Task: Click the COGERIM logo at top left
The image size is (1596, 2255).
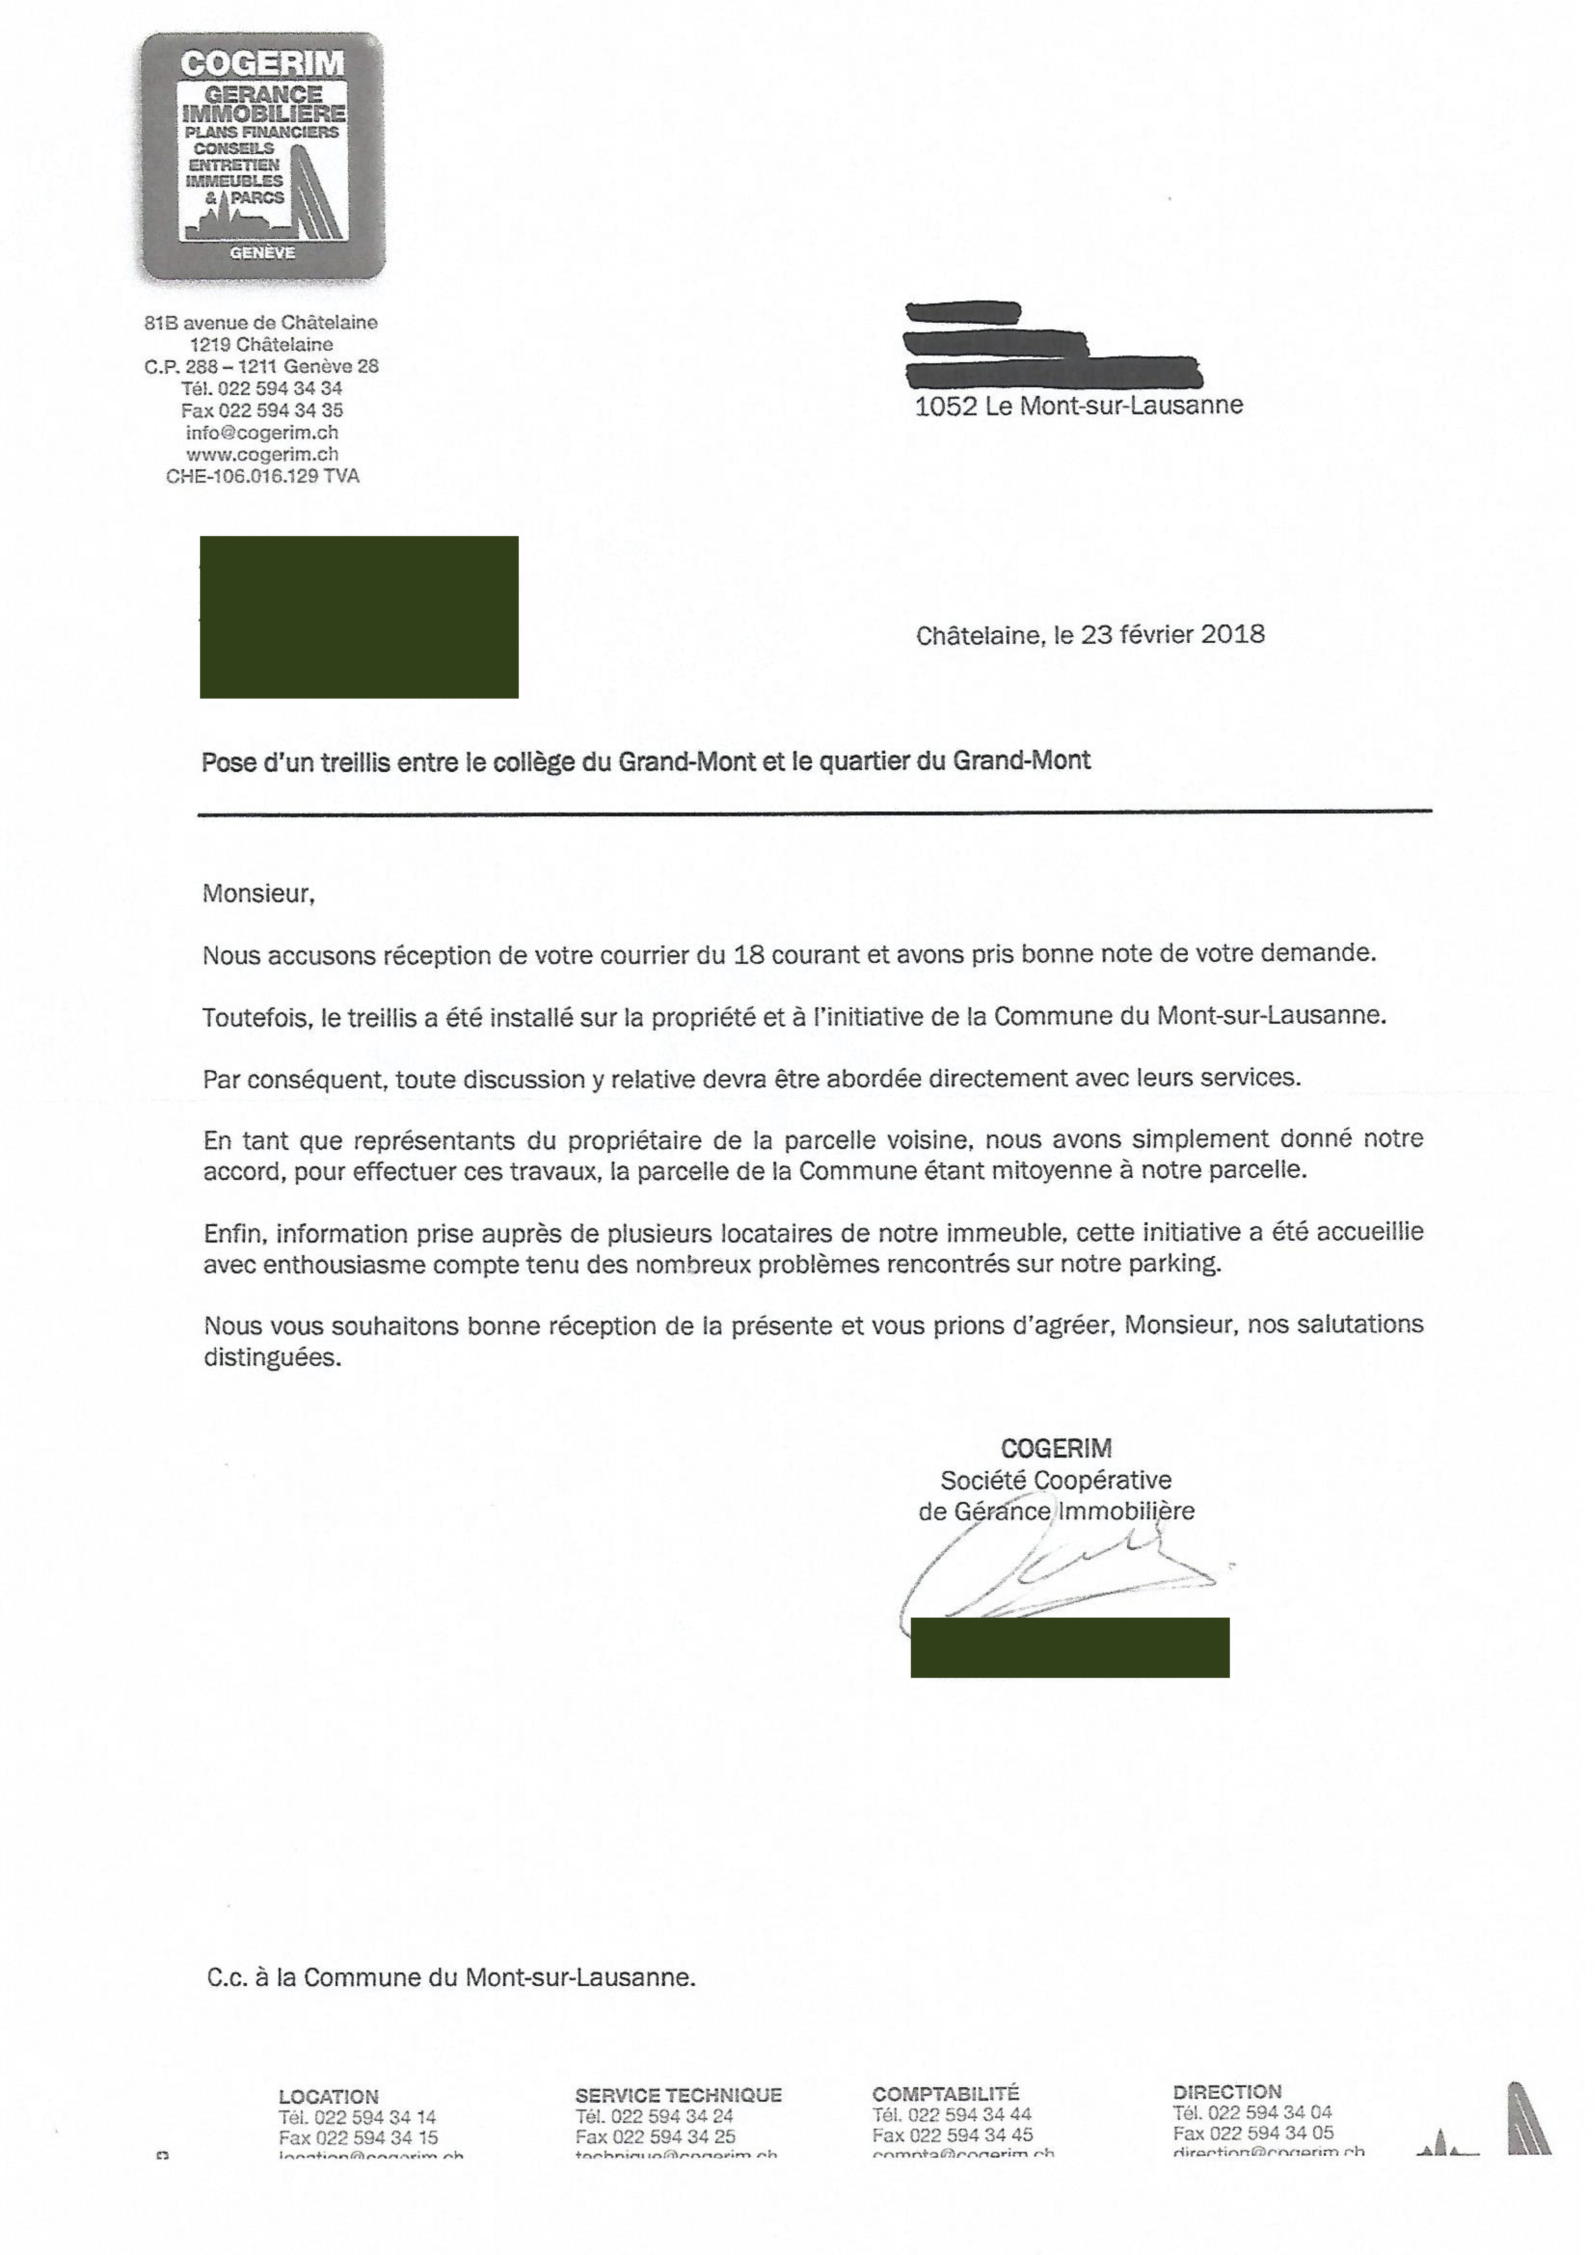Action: point(261,155)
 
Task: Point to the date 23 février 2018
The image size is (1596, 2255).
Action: point(1172,635)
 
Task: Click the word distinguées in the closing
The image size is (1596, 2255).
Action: point(272,1359)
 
